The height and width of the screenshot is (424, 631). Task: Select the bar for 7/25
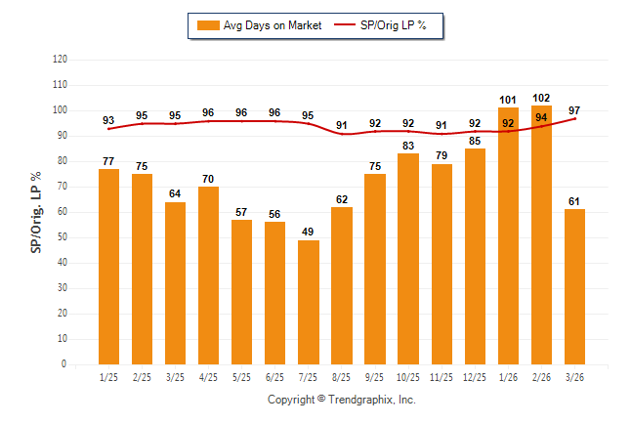tap(308, 302)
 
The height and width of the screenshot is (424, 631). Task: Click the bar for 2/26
tap(541, 234)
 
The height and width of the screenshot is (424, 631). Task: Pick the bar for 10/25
tap(408, 259)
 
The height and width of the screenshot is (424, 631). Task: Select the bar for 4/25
tap(208, 276)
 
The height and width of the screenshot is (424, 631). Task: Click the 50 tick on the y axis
tap(63, 237)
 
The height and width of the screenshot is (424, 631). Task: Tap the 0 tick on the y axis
tap(64, 364)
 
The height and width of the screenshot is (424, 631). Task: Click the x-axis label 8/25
tap(341, 377)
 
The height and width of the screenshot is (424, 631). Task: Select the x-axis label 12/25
tap(475, 377)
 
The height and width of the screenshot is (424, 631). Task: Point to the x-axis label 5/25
tap(241, 377)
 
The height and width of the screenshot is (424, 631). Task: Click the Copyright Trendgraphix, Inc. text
tap(341, 400)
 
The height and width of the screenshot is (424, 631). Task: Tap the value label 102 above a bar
tap(541, 98)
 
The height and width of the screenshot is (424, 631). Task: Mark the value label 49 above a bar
tap(308, 232)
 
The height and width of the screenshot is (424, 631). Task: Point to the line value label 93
tap(108, 120)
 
